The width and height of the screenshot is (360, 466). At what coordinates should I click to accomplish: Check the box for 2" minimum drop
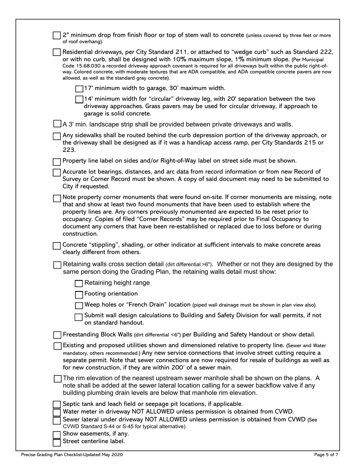[56, 36]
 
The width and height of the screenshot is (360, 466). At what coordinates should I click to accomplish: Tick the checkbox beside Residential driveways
[56, 52]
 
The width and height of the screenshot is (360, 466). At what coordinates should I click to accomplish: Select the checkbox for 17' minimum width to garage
[79, 89]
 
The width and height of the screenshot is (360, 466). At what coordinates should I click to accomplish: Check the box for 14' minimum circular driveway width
[79, 99]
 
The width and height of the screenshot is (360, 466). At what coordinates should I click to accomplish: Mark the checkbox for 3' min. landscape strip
[56, 124]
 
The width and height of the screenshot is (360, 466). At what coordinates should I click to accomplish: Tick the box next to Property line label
[56, 162]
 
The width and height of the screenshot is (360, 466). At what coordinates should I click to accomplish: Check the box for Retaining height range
[79, 284]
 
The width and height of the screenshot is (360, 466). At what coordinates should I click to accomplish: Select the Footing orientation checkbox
[79, 294]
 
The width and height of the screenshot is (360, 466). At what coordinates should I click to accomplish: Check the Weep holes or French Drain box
[79, 305]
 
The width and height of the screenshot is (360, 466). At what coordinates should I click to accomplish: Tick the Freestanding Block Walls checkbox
[57, 335]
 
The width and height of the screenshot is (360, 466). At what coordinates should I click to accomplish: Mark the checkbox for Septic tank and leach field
[56, 405]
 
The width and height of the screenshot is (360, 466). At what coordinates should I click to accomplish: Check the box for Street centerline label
[56, 442]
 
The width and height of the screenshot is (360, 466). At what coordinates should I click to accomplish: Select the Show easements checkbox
[56, 435]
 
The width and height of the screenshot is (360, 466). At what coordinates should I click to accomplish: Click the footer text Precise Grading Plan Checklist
[72, 455]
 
